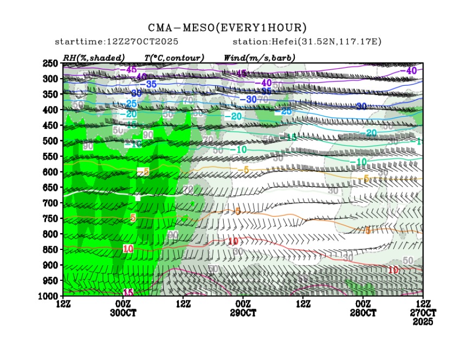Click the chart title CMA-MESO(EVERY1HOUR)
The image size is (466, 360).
(228, 28)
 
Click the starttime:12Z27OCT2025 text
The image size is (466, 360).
(117, 42)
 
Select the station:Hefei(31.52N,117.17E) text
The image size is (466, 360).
(307, 42)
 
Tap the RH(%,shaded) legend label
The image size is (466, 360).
(94, 57)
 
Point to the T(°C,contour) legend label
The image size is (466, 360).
(174, 57)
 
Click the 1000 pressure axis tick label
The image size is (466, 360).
(48, 296)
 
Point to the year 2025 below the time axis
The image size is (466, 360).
(423, 322)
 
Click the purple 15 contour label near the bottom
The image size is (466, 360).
(128, 292)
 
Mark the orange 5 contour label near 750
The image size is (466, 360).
(133, 217)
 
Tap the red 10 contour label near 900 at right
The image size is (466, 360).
(394, 269)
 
